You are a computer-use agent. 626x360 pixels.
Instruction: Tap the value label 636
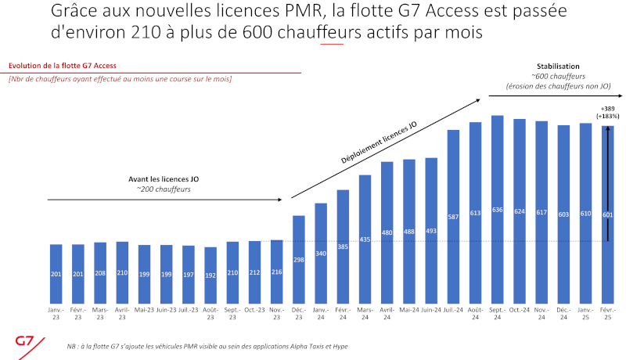(x=497, y=211)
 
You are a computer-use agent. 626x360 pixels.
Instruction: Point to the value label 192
(x=210, y=275)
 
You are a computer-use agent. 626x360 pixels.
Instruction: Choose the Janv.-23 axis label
(x=56, y=313)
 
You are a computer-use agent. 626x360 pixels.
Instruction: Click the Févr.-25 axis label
(x=607, y=313)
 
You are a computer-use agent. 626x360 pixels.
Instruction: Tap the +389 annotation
(x=608, y=108)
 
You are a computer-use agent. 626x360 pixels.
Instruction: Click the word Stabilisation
(x=555, y=67)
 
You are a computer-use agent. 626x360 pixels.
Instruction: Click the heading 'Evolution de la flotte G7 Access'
(x=62, y=67)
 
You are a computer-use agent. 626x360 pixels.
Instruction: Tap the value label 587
(x=452, y=217)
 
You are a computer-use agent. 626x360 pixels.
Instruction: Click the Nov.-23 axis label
(x=276, y=313)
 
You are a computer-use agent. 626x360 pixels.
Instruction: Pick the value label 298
(x=298, y=260)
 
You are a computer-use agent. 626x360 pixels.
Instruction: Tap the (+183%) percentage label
(x=608, y=116)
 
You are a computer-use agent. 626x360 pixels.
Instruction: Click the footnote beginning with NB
(x=207, y=345)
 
